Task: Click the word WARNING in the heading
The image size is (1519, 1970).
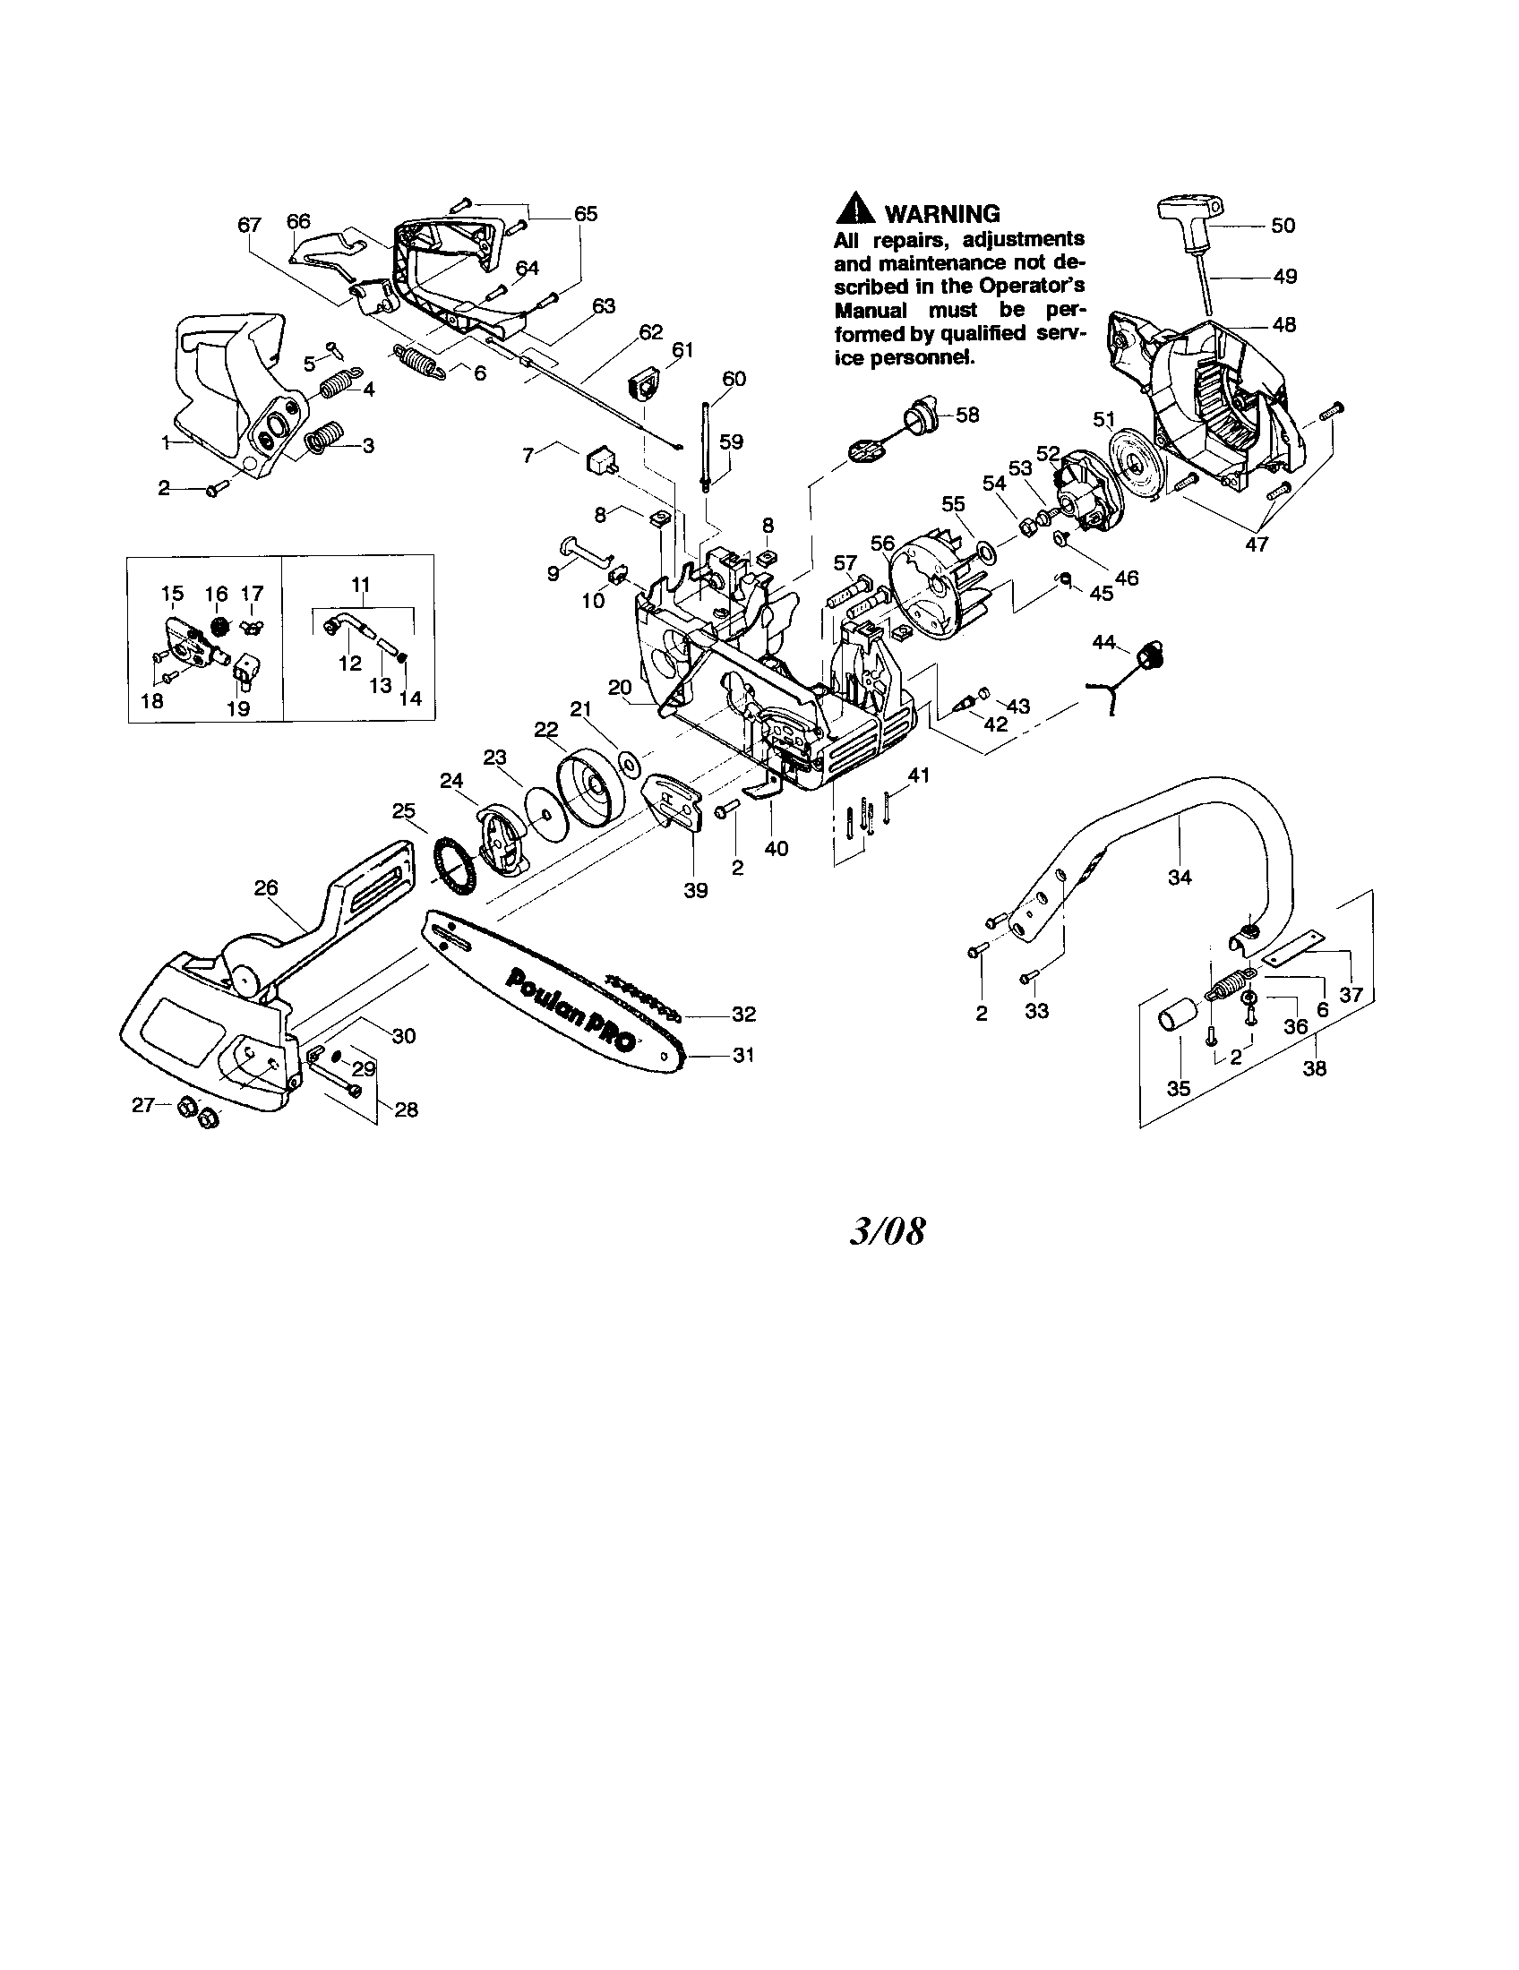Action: click(942, 214)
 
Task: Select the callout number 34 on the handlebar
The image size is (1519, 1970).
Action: click(1180, 876)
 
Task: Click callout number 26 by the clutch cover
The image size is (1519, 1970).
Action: click(265, 887)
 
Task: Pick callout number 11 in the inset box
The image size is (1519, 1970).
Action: click(361, 584)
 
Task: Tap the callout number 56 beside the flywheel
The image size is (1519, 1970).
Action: click(883, 543)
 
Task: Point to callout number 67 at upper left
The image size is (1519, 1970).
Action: click(250, 225)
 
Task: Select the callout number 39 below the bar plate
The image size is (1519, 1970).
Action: click(695, 890)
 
